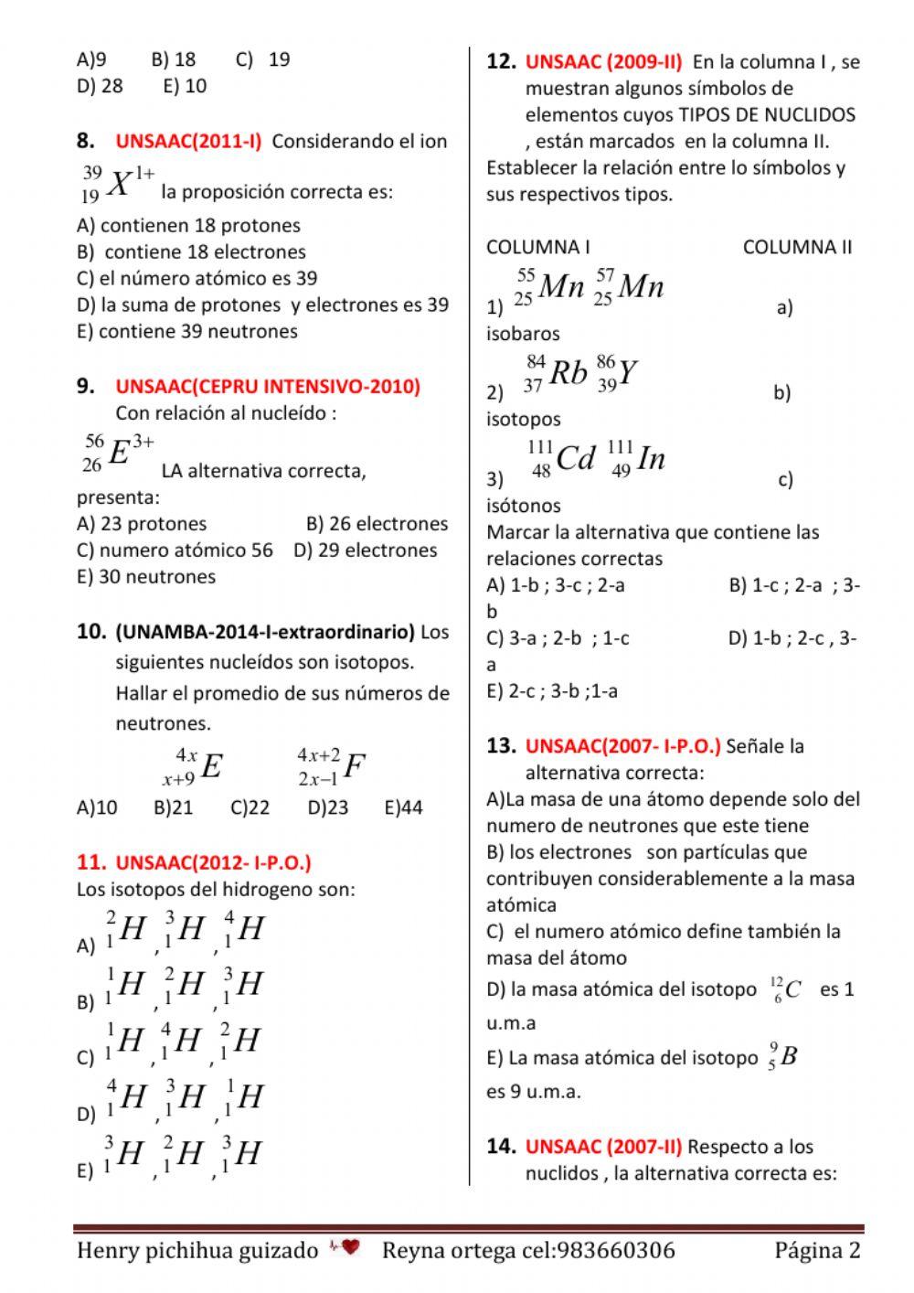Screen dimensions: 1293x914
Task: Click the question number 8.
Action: [86, 141]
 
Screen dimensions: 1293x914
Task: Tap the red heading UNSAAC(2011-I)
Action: [188, 142]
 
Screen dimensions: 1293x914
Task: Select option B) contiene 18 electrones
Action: [191, 251]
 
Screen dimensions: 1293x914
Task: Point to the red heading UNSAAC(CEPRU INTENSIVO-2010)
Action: [268, 386]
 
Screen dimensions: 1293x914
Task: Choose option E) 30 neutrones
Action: [146, 576]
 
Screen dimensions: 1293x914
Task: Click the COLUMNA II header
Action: [797, 247]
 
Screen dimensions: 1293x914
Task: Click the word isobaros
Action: [523, 334]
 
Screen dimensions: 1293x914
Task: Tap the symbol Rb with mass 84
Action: [556, 373]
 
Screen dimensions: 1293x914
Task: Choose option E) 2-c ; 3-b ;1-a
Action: [552, 691]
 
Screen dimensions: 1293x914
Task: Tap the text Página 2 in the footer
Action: [817, 1250]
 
